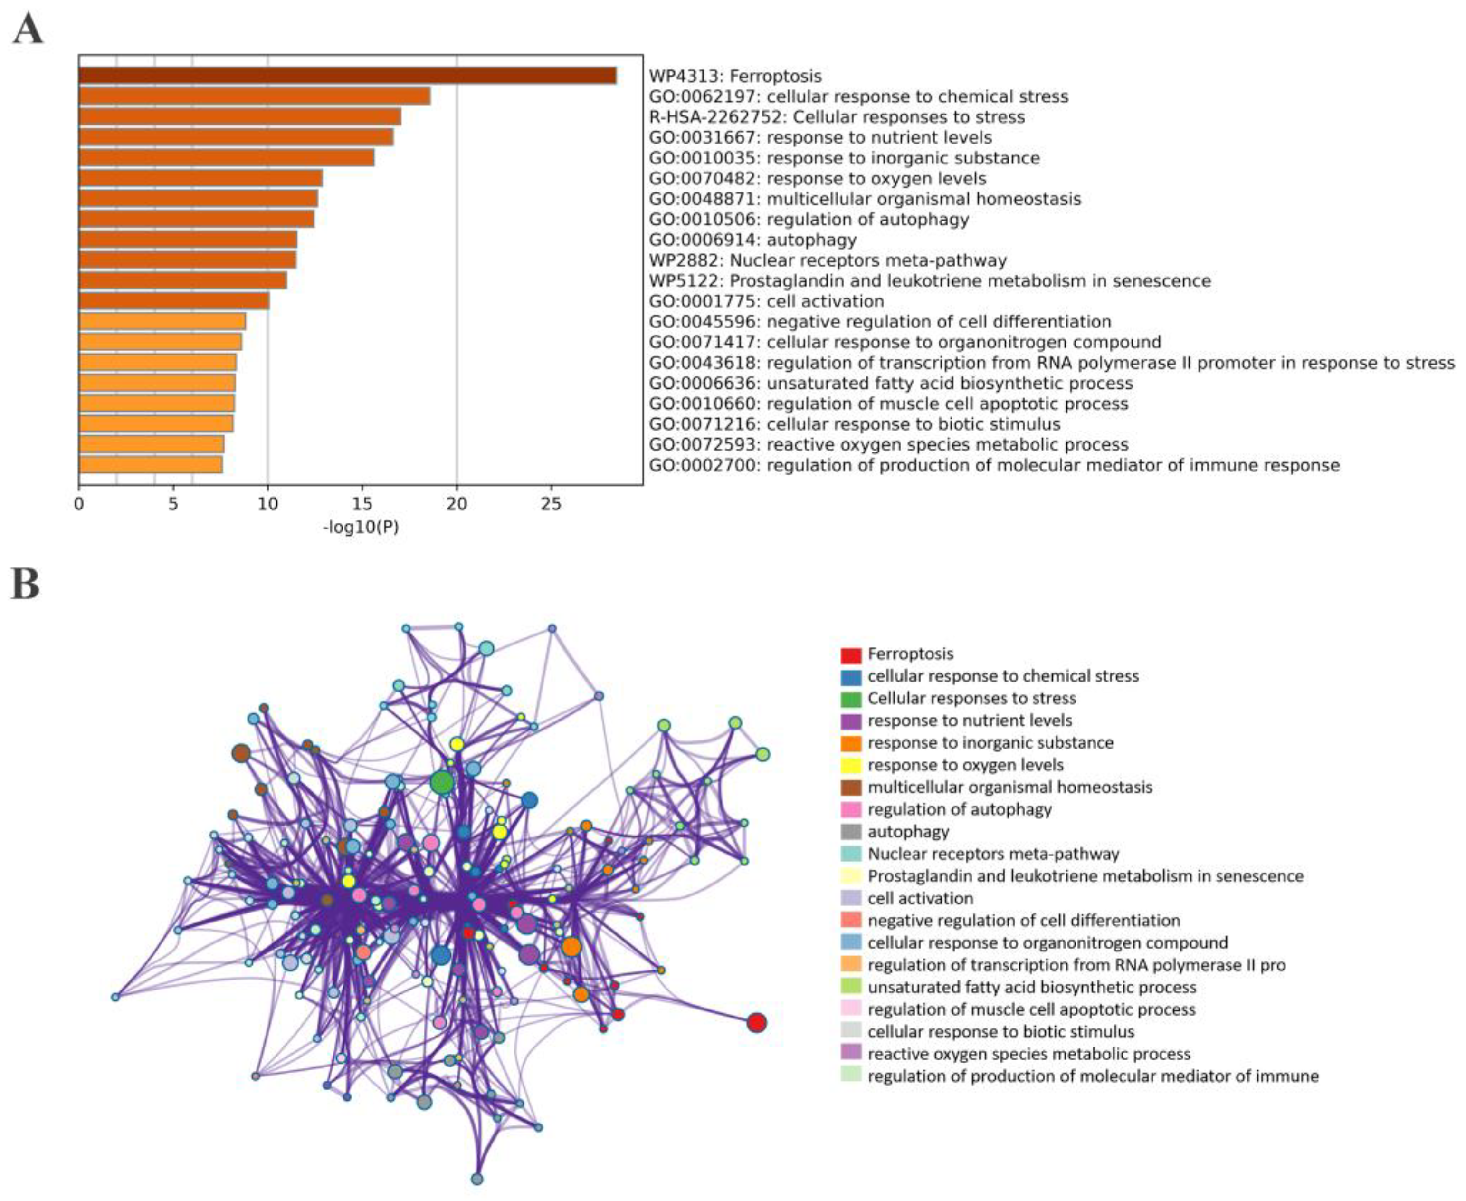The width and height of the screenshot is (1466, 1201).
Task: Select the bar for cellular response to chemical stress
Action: [255, 96]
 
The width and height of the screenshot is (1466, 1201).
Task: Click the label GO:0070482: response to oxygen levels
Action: [818, 179]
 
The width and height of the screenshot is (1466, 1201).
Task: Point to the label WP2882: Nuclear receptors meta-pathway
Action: [827, 260]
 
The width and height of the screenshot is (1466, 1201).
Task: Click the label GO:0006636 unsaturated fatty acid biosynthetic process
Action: [891, 383]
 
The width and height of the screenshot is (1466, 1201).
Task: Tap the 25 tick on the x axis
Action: [551, 504]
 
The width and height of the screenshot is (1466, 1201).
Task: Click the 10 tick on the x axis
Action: [267, 504]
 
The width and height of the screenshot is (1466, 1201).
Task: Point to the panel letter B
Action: [26, 585]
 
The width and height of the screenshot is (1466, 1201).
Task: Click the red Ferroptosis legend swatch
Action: [850, 654]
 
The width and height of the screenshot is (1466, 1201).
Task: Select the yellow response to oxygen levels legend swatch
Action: [850, 766]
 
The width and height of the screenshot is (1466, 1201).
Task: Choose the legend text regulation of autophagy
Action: [959, 809]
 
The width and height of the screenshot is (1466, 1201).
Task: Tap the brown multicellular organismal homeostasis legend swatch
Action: [850, 788]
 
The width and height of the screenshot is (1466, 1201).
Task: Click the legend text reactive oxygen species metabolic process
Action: [1029, 1054]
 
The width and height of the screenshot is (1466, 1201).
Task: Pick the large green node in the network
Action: [442, 783]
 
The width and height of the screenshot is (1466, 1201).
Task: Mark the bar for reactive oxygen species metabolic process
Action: [152, 444]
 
